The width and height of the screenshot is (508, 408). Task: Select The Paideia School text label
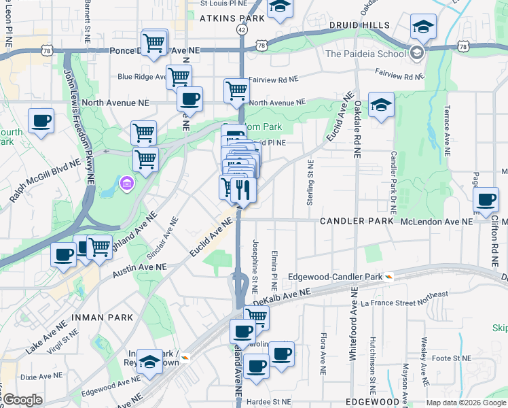[365, 54]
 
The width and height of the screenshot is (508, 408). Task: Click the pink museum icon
[127, 184]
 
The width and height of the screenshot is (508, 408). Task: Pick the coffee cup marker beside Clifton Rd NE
[486, 200]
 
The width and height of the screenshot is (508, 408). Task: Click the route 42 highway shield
[242, 31]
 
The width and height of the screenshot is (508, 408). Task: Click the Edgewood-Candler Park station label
[335, 277]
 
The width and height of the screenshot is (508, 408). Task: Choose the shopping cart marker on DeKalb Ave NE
[256, 316]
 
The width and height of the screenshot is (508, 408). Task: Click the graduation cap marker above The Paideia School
[423, 27]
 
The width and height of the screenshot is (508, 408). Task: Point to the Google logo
[22, 399]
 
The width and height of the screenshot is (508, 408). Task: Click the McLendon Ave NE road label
[435, 222]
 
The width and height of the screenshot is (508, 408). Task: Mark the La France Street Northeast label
[404, 299]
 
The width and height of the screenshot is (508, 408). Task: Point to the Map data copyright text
[465, 403]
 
